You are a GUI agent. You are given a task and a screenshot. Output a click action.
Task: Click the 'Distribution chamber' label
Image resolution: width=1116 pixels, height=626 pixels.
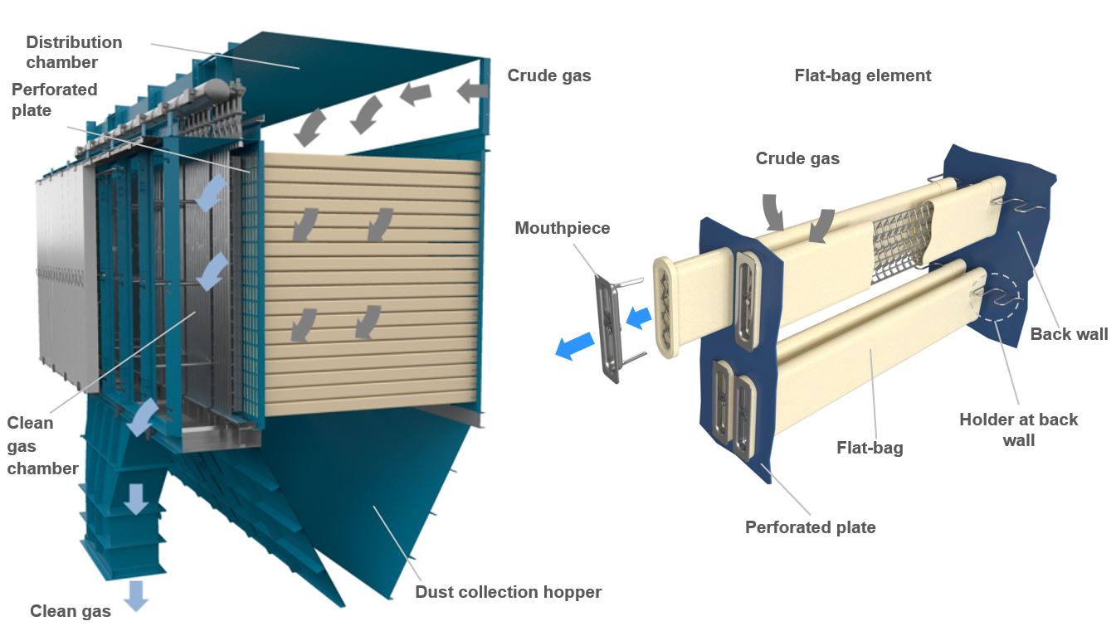[74, 51]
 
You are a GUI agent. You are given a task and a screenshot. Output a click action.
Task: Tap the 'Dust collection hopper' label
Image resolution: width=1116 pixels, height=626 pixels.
[508, 592]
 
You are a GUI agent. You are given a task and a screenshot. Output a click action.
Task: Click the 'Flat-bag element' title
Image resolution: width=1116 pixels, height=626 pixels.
[863, 75]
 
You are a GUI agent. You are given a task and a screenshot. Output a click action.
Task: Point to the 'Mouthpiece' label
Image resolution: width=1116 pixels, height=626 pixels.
[562, 228]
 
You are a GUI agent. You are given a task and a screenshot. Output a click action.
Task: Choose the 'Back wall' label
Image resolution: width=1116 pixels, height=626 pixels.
[1069, 334]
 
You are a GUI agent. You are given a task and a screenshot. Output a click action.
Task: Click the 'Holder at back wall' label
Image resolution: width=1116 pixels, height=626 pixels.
[1018, 429]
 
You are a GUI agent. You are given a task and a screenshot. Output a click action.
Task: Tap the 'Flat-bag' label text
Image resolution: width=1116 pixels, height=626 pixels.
[870, 448]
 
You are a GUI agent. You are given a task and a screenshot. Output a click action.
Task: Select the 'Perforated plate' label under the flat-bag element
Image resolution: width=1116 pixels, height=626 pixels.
[810, 527]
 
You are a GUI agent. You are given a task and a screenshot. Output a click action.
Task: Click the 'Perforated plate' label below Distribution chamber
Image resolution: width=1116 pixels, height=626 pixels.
[55, 99]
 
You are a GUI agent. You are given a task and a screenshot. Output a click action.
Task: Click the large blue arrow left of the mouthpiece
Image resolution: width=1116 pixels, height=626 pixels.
[575, 345]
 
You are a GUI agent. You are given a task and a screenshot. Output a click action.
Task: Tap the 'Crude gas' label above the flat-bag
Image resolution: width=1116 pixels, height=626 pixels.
[797, 158]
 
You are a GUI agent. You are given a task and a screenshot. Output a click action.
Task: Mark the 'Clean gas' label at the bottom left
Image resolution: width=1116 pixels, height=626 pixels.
[71, 612]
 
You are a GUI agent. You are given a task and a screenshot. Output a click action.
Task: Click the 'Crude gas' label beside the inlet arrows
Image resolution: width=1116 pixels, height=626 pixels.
[548, 75]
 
